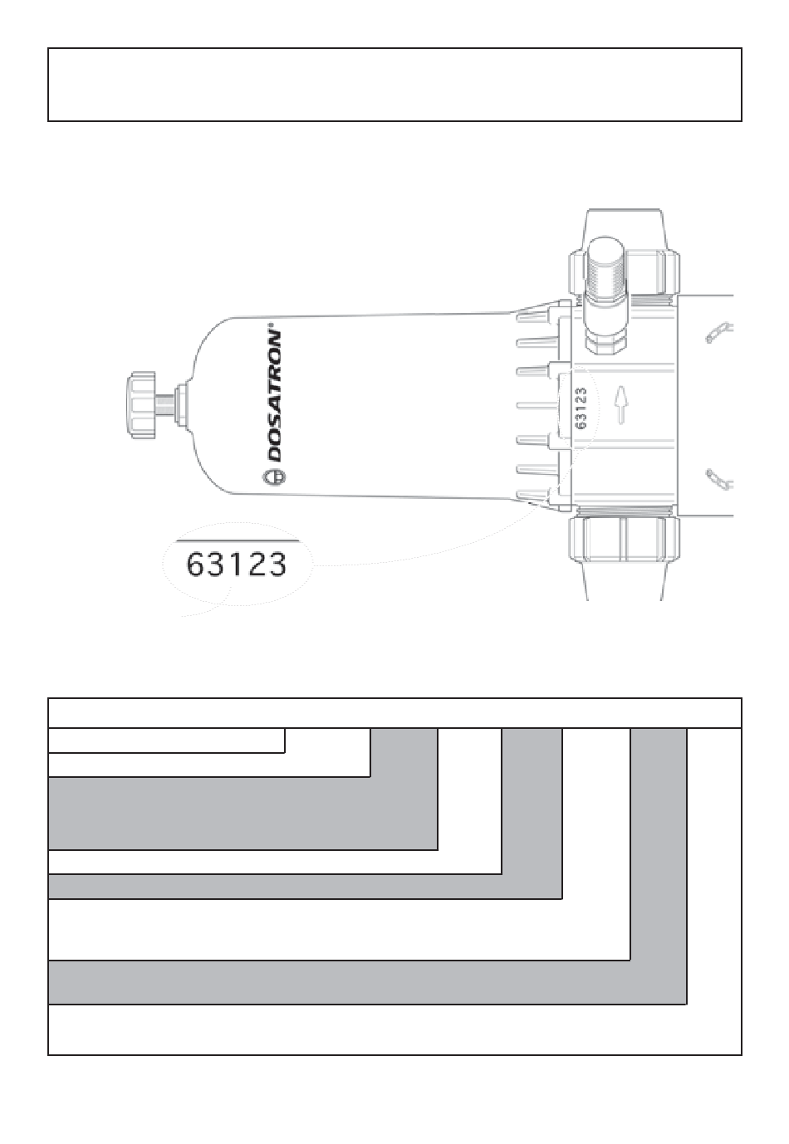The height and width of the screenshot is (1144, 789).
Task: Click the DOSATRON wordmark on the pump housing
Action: click(274, 396)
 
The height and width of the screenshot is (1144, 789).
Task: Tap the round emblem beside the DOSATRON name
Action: click(274, 477)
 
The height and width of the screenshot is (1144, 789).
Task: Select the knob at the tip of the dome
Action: click(141, 405)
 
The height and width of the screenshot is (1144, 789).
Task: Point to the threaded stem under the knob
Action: click(165, 405)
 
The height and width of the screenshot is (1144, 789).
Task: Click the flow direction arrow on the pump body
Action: click(621, 405)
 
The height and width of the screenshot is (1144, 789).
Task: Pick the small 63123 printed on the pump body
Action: click(581, 408)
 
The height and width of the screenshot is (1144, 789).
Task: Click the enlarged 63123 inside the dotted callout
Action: click(236, 565)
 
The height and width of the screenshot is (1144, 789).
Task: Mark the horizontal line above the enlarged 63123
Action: click(238, 540)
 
